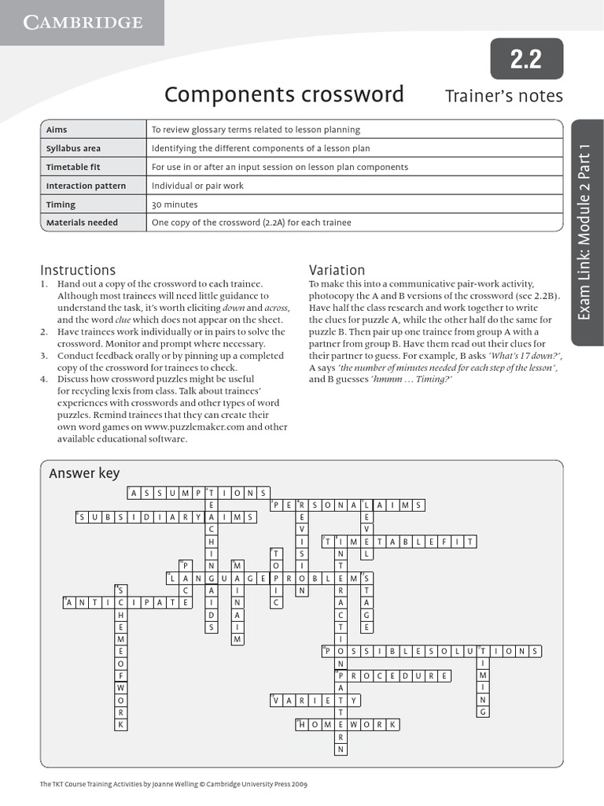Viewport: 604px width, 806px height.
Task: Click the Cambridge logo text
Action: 83,22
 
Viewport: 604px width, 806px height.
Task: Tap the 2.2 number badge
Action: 526,59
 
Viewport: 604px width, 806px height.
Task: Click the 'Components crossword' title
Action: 284,95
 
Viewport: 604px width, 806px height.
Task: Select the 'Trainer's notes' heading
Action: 504,96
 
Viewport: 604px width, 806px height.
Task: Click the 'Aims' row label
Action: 57,130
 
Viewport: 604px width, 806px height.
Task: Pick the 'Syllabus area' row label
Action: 73,148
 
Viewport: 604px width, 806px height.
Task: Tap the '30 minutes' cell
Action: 175,205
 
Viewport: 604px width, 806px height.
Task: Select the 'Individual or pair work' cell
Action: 197,186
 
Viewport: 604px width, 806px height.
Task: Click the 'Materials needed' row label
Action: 82,223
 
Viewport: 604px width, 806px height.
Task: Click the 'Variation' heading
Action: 337,270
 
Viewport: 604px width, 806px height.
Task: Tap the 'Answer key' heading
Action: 84,473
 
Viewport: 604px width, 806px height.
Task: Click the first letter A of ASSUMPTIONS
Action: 134,493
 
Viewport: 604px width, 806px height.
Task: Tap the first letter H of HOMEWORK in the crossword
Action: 302,724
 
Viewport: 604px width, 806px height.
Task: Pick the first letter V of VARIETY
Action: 276,700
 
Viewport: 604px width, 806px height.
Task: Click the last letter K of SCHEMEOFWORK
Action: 120,724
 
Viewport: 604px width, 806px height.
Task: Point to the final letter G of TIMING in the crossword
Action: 484,712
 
